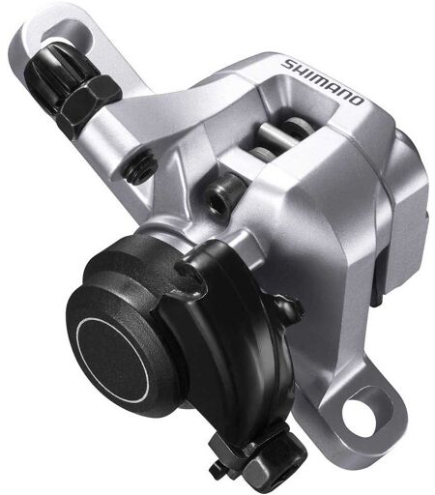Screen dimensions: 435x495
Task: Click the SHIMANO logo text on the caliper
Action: tap(322, 82)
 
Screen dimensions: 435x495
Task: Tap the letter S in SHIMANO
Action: tap(288, 64)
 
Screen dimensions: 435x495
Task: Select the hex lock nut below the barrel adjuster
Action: tap(89, 103)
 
